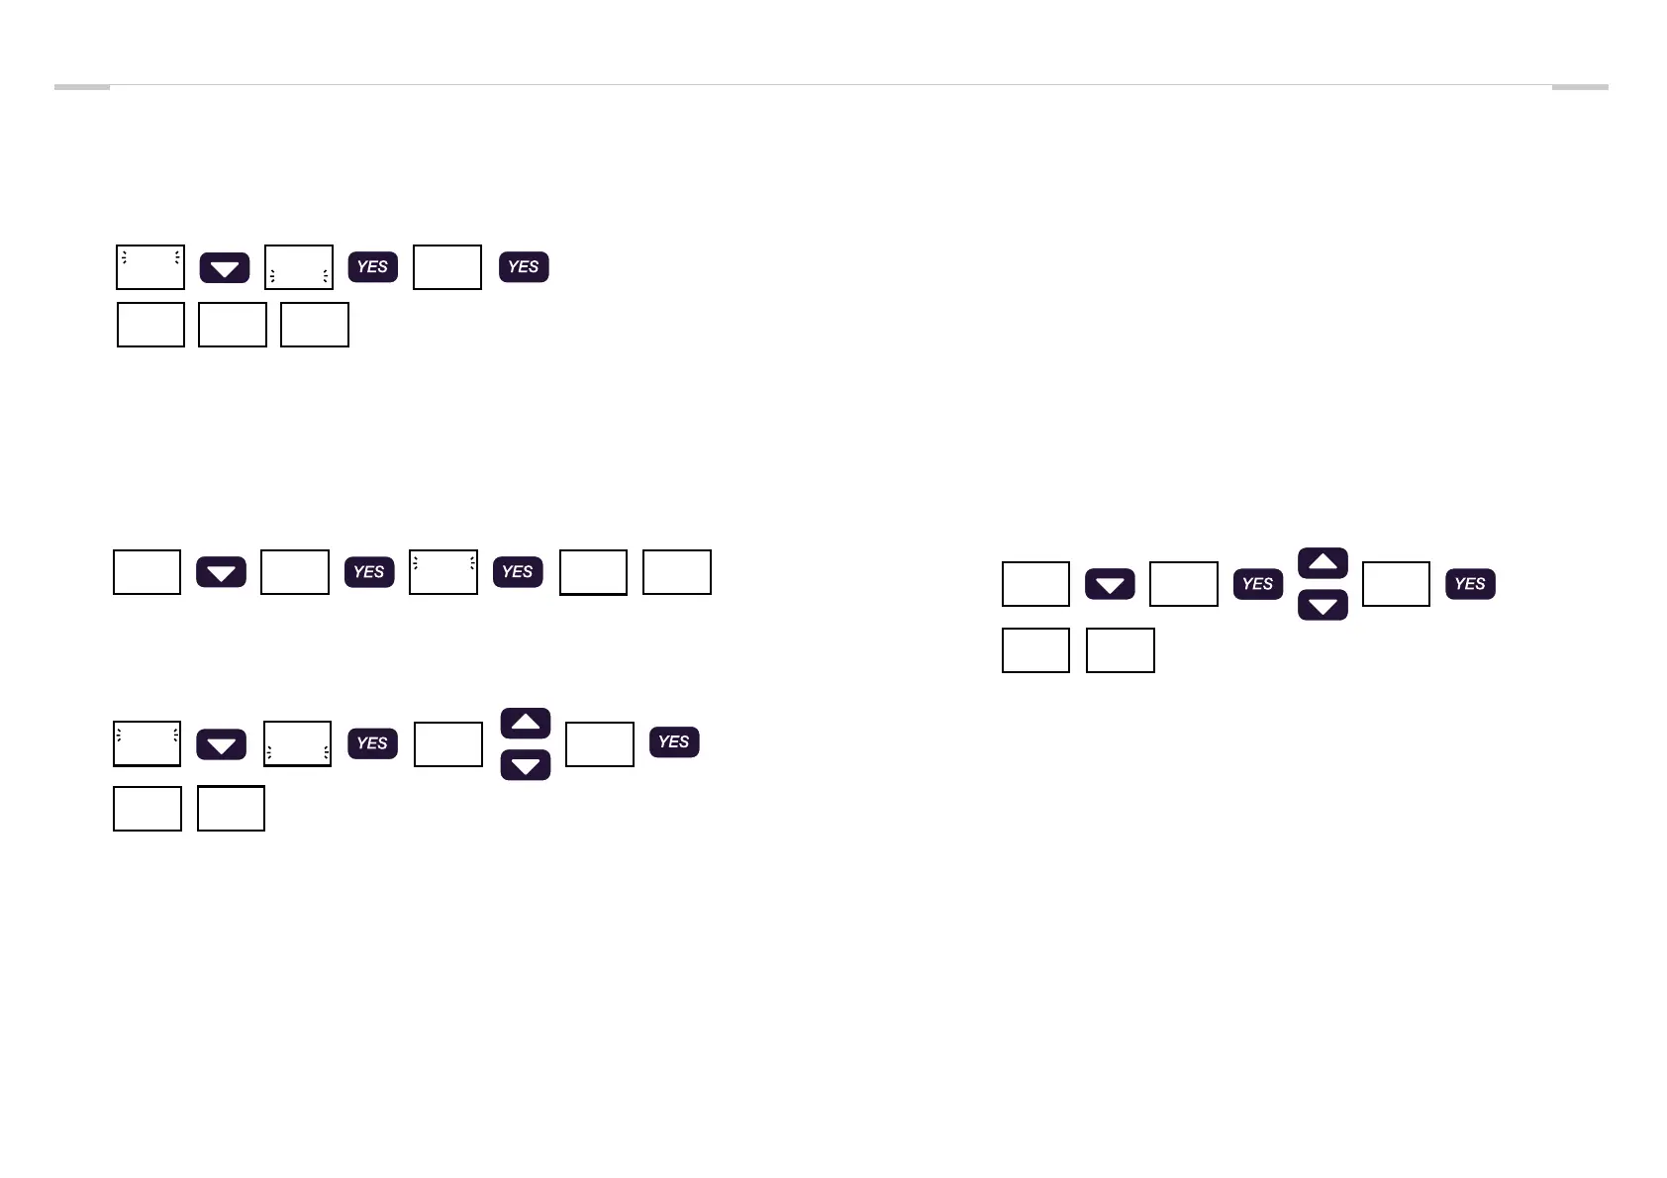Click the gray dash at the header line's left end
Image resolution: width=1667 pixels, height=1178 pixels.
tap(81, 87)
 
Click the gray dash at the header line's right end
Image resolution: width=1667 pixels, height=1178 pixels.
tap(1579, 87)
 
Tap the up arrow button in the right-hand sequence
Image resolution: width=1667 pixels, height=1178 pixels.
tap(1323, 563)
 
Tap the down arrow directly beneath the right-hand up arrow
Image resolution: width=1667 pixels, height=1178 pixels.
tap(1323, 605)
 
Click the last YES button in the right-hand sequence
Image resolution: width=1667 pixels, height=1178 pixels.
tap(1470, 584)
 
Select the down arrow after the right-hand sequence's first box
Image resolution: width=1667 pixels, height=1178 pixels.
tap(1110, 584)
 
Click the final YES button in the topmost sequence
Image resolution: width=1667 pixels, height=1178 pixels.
tap(524, 267)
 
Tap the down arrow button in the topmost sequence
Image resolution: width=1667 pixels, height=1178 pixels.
tap(225, 268)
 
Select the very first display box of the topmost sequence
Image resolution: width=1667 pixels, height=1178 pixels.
tap(150, 267)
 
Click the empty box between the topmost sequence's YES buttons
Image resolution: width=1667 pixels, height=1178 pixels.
tap(447, 267)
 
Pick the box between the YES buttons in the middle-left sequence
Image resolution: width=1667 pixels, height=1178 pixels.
tap(443, 572)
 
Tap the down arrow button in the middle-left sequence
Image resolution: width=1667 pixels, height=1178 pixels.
tap(221, 572)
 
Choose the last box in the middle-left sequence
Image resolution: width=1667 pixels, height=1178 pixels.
tap(677, 572)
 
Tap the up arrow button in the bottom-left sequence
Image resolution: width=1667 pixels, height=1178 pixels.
tap(526, 724)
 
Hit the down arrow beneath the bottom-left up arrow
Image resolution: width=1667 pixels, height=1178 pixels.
tap(526, 765)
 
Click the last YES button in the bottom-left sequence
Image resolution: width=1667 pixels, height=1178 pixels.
tap(674, 742)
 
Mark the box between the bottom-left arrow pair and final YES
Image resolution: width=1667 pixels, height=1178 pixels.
tap(600, 744)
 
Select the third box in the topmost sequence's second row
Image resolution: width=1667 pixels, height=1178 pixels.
tap(315, 325)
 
